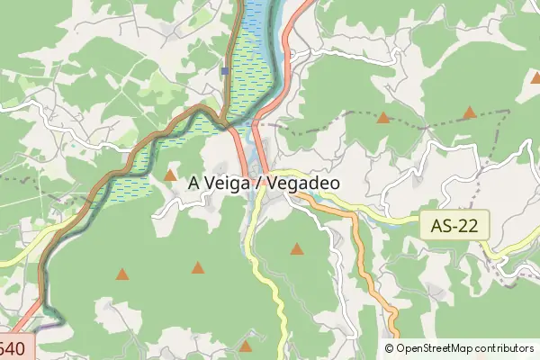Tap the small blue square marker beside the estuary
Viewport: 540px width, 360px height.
pos(225,70)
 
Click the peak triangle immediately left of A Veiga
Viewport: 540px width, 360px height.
pos(171,175)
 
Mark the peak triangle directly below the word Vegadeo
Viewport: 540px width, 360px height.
pos(297,248)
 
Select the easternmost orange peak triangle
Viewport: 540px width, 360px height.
pos(469,112)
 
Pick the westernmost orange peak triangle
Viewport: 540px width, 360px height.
pos(122,274)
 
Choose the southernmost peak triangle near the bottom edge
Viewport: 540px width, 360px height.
pos(246,346)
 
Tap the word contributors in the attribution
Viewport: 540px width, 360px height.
pos(505,348)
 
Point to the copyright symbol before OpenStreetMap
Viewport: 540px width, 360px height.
pos(390,348)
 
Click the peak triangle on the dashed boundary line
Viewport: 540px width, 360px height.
pos(383,117)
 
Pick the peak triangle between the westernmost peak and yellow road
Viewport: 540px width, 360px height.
pos(198,267)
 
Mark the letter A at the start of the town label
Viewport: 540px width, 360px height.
pos(194,182)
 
